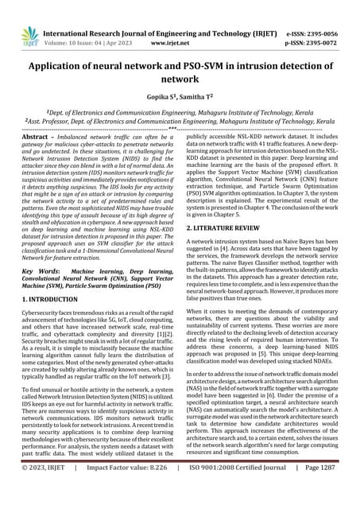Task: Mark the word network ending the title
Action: (x=180, y=80)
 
